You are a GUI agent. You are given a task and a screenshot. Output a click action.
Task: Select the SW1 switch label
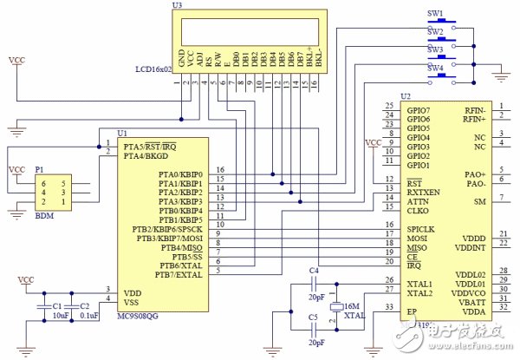point(435,14)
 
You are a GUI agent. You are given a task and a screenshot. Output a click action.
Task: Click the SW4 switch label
point(435,67)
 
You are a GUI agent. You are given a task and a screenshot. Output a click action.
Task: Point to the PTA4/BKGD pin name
point(145,155)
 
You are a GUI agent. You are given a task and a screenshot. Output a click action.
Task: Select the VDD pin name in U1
point(133,291)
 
